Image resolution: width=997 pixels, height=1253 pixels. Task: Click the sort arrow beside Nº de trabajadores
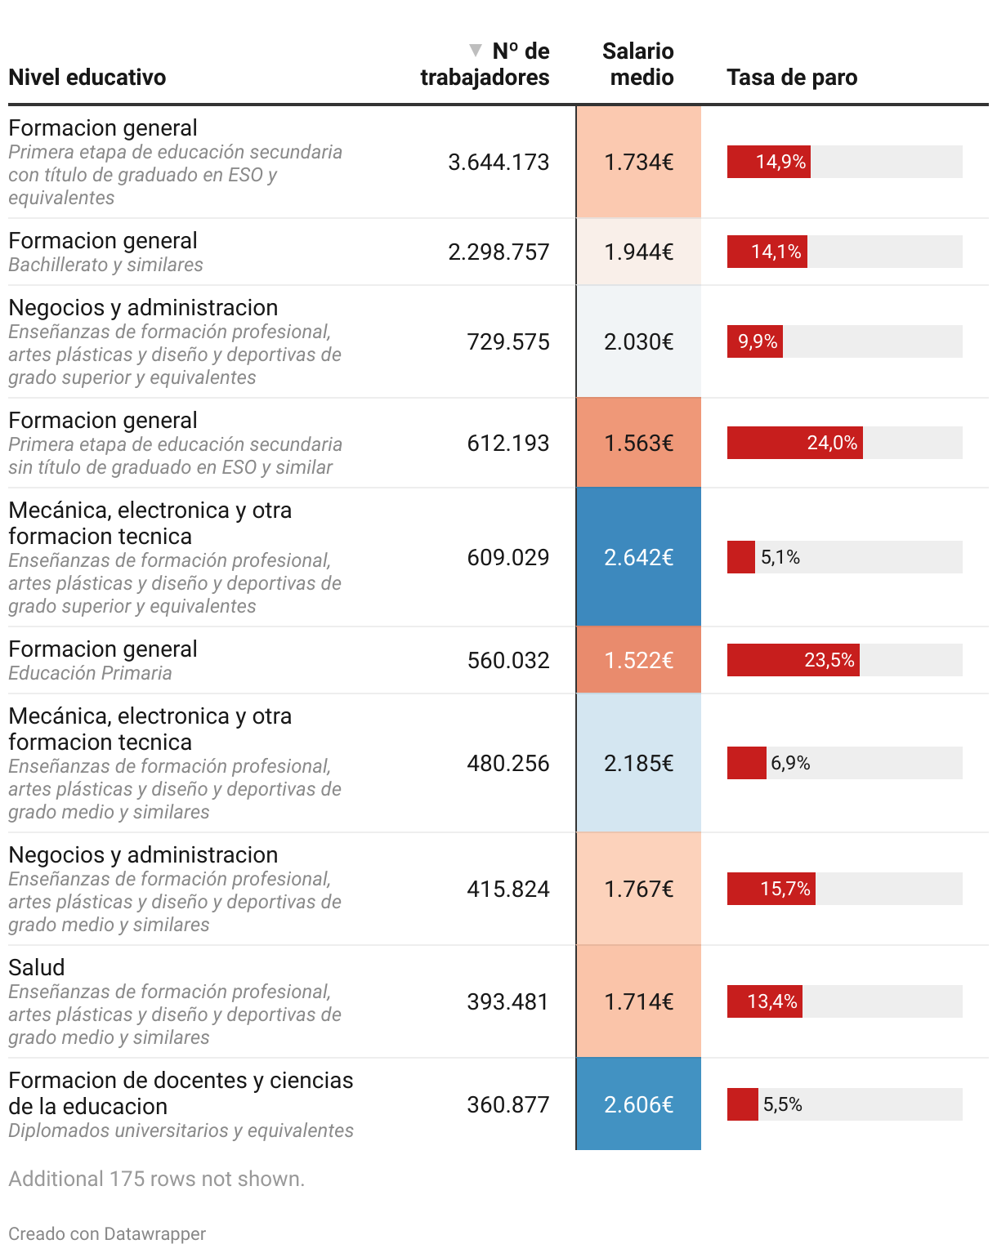(476, 51)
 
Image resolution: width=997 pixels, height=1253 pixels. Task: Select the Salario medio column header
(638, 64)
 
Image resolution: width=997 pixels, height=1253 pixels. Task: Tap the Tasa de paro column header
(792, 78)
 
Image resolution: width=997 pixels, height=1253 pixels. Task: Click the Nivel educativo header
(87, 78)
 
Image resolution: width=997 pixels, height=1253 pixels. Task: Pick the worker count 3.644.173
(499, 162)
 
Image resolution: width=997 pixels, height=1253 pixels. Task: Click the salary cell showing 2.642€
(638, 557)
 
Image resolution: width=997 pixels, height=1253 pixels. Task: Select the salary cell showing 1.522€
(638, 660)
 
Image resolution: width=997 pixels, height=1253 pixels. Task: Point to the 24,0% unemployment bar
(794, 443)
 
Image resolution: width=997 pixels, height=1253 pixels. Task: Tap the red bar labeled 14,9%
(768, 162)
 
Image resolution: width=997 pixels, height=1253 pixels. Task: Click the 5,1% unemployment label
(780, 557)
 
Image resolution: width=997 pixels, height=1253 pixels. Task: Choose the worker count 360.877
(507, 1104)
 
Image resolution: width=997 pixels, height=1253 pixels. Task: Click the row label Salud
(37, 967)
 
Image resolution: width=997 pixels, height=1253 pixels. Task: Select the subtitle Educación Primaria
(90, 673)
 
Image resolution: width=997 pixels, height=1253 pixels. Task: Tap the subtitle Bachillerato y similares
(105, 265)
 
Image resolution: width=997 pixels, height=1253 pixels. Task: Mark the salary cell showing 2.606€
(638, 1104)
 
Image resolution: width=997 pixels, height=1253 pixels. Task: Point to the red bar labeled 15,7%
(771, 889)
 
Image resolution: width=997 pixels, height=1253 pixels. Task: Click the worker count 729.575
(507, 341)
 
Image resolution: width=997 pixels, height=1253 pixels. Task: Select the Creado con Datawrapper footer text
(107, 1233)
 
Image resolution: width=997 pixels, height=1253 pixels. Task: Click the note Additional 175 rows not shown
(156, 1179)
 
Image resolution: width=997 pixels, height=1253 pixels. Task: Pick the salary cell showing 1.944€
(638, 252)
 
